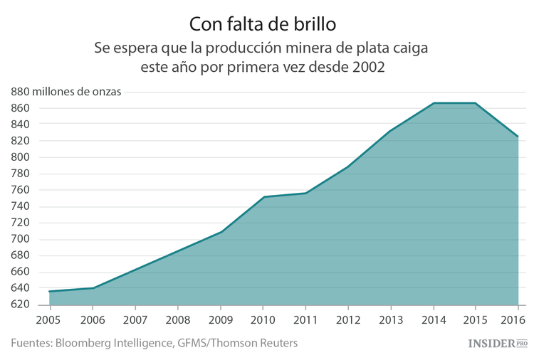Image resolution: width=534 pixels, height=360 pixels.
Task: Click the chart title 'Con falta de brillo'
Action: coord(263,23)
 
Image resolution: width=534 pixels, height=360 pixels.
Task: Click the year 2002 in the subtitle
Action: coord(367,68)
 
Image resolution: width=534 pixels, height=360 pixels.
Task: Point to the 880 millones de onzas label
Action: coord(66,92)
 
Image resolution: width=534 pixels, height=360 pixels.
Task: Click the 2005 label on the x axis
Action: coord(48,319)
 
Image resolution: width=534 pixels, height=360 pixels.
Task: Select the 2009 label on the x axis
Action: coord(220,319)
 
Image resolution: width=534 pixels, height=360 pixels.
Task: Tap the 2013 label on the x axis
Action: coord(390,319)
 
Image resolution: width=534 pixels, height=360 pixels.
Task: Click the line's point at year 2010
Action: coord(263,197)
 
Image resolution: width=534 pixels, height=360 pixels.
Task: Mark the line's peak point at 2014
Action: coord(433,103)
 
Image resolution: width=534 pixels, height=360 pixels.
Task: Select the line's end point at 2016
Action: coord(518,137)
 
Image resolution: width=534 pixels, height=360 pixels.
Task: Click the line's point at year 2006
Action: coord(93,288)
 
